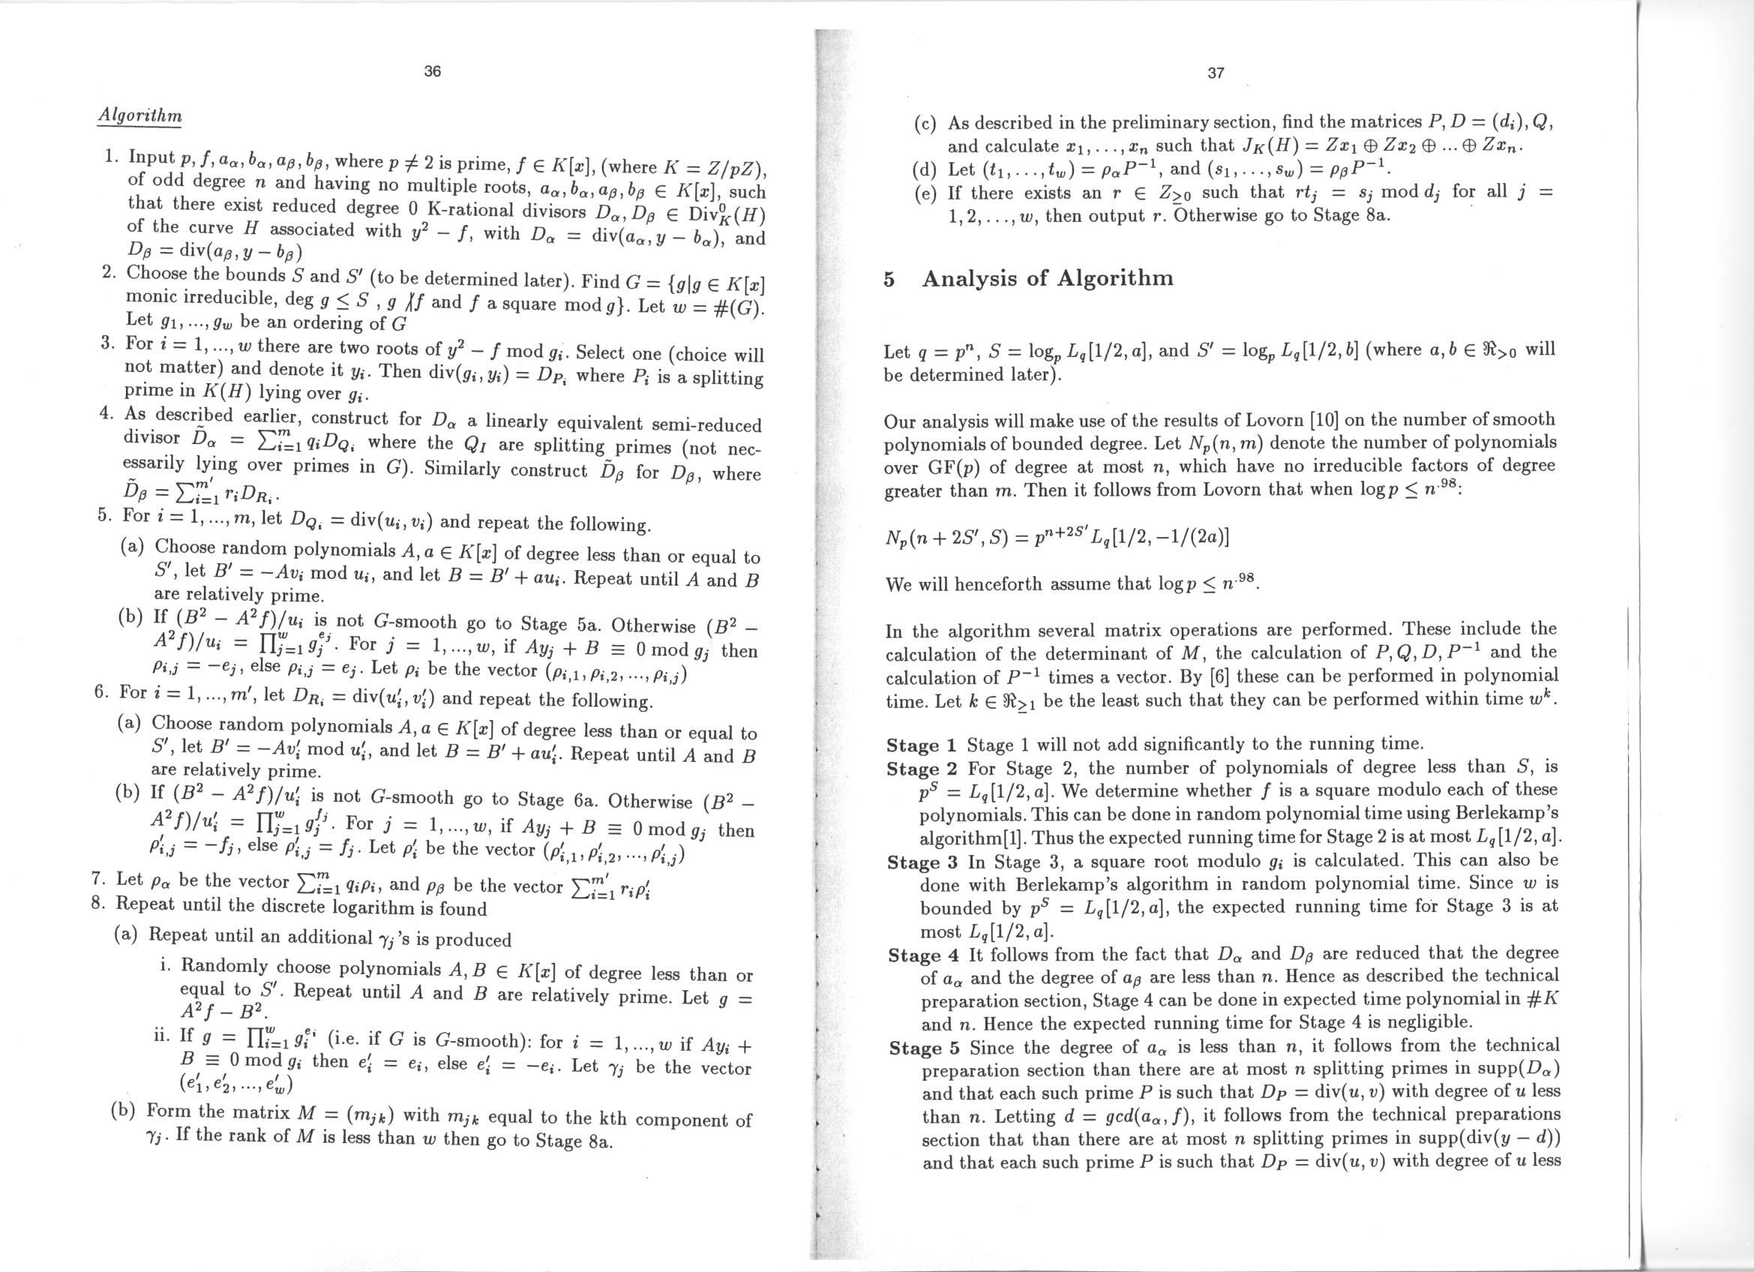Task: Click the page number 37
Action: pos(1216,73)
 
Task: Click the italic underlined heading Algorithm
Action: pos(139,115)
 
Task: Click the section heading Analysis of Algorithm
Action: pos(1048,278)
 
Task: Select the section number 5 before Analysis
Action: pos(889,279)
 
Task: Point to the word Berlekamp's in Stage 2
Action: pos(1504,815)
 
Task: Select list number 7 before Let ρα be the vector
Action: pos(97,879)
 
